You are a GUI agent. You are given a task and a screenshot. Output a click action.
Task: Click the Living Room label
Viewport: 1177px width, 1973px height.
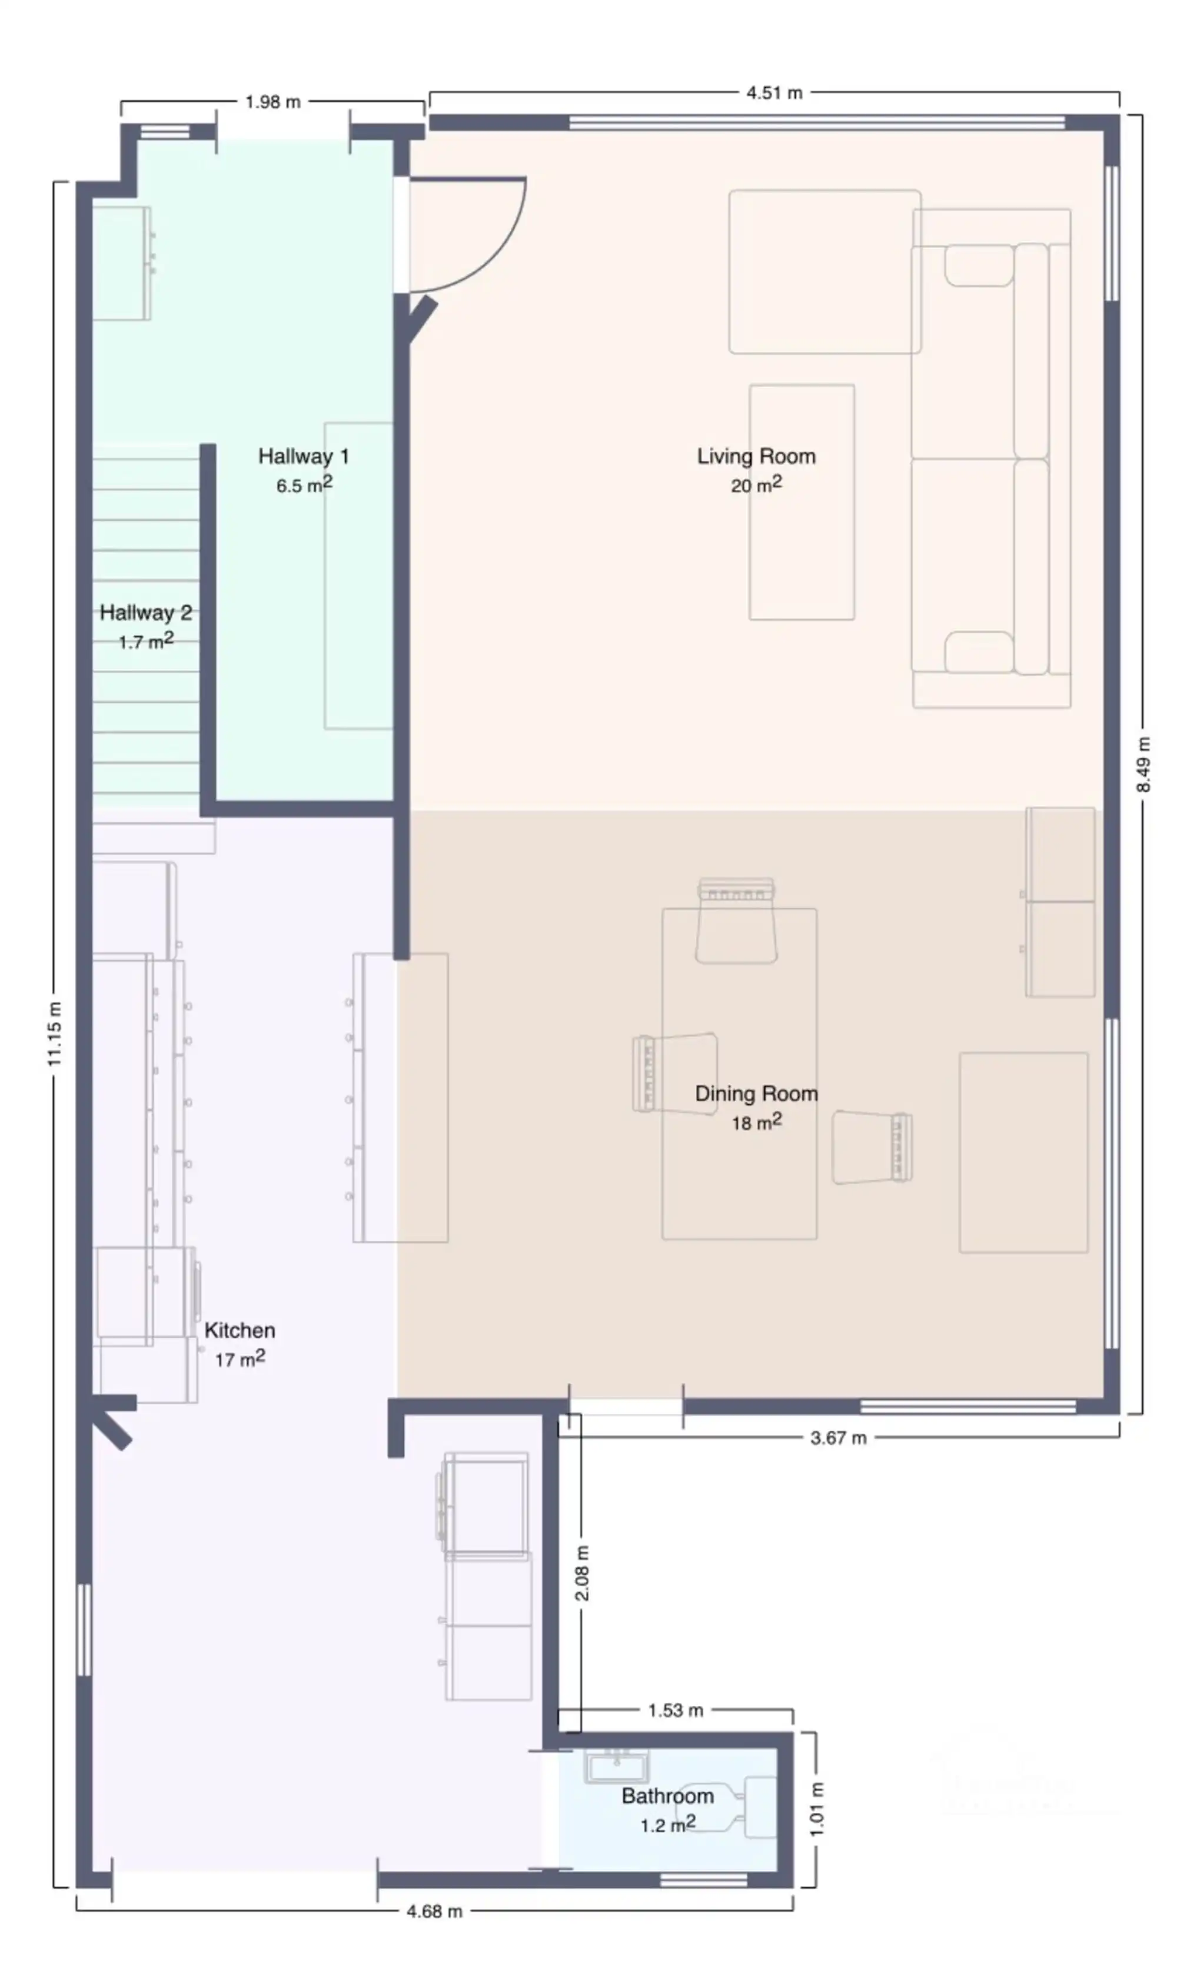click(756, 456)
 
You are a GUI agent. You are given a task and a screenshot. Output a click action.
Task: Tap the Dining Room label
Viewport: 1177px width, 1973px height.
click(756, 1094)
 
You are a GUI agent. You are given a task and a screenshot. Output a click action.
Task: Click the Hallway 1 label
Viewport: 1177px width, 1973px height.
click(304, 456)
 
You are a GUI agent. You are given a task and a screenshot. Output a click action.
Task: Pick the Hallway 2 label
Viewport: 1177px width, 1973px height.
click(146, 612)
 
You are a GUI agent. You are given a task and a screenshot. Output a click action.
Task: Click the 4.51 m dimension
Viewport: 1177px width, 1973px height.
click(774, 93)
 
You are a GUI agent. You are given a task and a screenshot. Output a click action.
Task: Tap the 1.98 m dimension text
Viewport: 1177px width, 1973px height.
click(273, 102)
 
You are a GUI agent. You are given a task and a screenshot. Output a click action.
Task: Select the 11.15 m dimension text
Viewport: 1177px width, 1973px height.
click(54, 1034)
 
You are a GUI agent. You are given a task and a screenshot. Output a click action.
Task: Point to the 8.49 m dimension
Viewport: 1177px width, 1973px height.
click(1143, 765)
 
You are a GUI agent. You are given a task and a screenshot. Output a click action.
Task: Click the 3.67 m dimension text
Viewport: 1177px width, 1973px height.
click(839, 1438)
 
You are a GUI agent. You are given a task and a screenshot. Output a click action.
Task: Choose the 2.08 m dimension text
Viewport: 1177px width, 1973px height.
click(581, 1573)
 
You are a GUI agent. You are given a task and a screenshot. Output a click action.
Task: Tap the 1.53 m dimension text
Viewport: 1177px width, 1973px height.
click(675, 1710)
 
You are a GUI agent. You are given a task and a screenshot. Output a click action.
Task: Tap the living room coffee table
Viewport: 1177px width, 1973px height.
click(802, 502)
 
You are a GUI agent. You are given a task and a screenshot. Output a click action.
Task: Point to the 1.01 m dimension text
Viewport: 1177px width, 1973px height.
click(817, 1809)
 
